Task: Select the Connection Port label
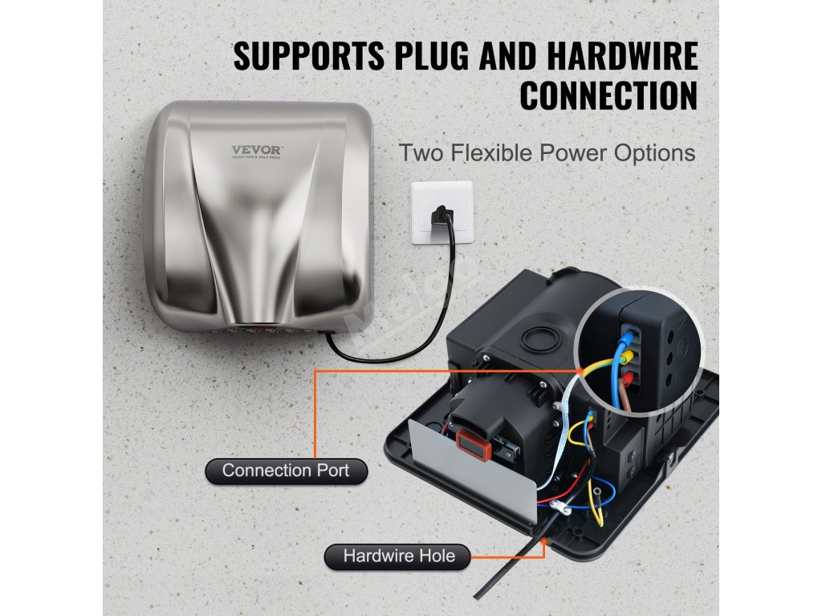click(x=287, y=470)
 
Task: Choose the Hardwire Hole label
click(x=398, y=555)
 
